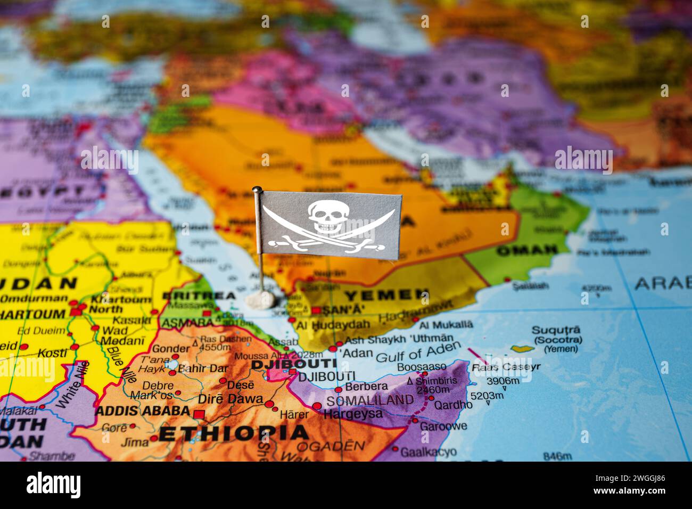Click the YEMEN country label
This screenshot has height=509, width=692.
(380, 295)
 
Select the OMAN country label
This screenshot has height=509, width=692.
(526, 250)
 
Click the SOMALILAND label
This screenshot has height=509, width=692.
(369, 400)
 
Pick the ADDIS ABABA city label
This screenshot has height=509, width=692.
(142, 411)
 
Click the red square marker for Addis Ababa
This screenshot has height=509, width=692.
(199, 414)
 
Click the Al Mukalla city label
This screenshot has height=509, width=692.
(446, 324)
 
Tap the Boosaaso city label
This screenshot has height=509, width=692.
(422, 366)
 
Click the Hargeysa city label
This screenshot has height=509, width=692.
(353, 413)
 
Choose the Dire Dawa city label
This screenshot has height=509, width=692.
(230, 398)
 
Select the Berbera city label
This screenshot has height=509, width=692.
(366, 386)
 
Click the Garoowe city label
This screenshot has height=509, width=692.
(443, 426)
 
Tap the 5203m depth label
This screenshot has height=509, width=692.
(487, 396)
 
